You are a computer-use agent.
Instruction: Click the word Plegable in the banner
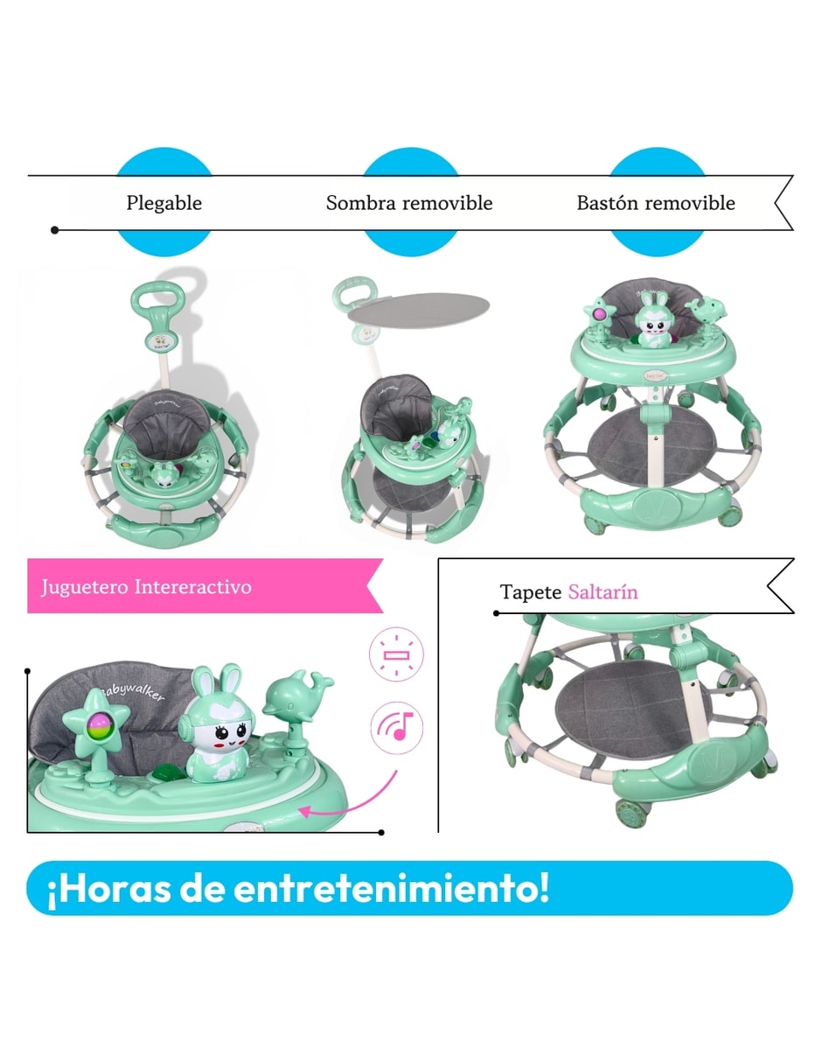pyautogui.click(x=164, y=203)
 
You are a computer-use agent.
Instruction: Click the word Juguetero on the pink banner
pyautogui.click(x=85, y=587)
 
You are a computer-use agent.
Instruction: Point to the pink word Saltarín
pyautogui.click(x=603, y=592)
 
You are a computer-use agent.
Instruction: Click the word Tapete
pyautogui.click(x=530, y=592)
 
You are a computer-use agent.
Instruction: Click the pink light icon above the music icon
pyautogui.click(x=396, y=654)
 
